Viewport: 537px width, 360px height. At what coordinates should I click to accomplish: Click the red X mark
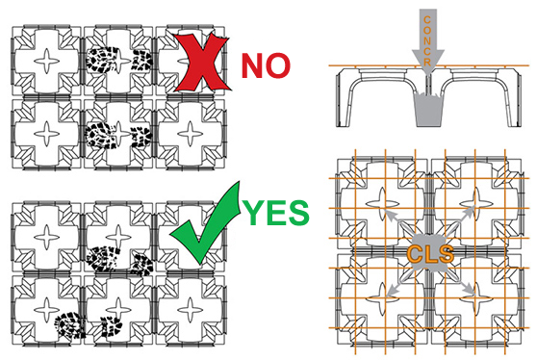(x=203, y=62)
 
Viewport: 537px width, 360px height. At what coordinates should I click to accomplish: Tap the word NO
(x=267, y=65)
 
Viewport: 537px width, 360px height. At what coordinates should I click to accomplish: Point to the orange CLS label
(x=430, y=254)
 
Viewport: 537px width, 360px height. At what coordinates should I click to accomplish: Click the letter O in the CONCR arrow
(x=427, y=31)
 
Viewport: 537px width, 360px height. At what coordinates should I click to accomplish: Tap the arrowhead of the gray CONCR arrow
(x=427, y=61)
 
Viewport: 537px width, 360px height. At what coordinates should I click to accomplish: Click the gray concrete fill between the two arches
(x=428, y=110)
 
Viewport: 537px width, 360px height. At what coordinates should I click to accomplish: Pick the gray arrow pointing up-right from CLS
(x=459, y=221)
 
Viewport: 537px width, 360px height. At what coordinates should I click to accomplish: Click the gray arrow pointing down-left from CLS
(x=399, y=283)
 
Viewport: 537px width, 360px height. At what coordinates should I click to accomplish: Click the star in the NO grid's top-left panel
(x=47, y=61)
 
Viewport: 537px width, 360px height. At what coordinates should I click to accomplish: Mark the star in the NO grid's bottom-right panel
(x=191, y=134)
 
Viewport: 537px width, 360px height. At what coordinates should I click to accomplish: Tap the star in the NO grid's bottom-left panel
(x=47, y=134)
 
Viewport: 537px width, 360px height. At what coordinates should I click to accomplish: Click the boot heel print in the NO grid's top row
(x=142, y=60)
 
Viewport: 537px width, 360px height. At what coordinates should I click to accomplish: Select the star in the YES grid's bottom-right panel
(x=191, y=310)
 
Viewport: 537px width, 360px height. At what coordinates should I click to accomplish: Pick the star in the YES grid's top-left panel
(x=47, y=237)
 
